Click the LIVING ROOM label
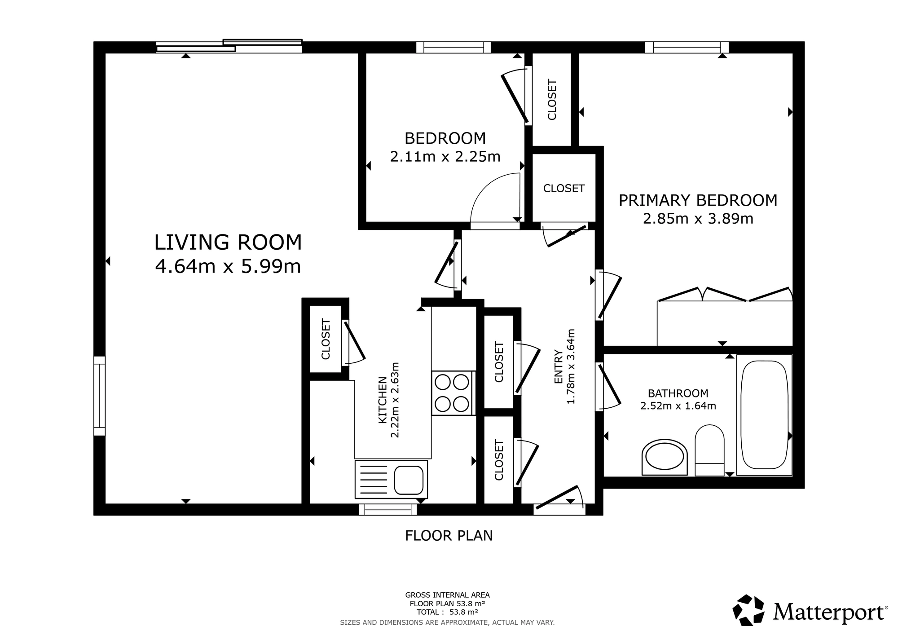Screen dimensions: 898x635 [x=228, y=243]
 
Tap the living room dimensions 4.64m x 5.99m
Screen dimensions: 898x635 [x=228, y=266]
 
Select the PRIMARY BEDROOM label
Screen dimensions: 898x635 [x=698, y=200]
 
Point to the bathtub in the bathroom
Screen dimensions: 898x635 [x=764, y=415]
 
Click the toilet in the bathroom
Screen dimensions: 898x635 [x=709, y=450]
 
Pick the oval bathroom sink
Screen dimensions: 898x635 [x=665, y=457]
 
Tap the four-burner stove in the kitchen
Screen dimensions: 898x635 [x=453, y=393]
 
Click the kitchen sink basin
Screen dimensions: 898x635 [x=409, y=480]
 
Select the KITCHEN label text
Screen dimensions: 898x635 [x=383, y=400]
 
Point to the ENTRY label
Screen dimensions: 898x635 [x=559, y=366]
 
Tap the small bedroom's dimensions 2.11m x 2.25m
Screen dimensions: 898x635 [x=445, y=157]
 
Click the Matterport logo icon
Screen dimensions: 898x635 [x=748, y=609]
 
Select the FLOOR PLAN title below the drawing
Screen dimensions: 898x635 [x=449, y=536]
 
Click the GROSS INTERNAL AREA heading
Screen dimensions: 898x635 [x=448, y=595]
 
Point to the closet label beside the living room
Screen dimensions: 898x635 [x=326, y=339]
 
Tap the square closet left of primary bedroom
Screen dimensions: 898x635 [x=564, y=188]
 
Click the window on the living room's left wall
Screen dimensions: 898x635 [x=99, y=396]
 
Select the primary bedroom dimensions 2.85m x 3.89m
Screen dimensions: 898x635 [x=698, y=219]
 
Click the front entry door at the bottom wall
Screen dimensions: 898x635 [x=559, y=501]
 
